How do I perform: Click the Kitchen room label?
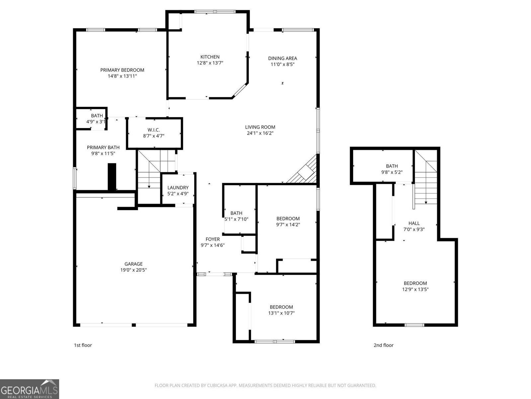click(210, 57)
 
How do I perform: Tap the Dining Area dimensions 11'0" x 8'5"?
click(282, 65)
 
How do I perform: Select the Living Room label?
click(260, 127)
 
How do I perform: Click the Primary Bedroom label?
click(122, 70)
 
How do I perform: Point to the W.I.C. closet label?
click(154, 130)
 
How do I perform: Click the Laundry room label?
click(178, 188)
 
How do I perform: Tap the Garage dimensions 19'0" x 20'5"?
click(133, 270)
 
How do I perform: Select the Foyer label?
click(213, 239)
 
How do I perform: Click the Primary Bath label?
click(103, 147)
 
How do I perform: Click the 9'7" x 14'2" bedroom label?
click(288, 221)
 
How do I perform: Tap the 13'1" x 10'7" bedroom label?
click(281, 310)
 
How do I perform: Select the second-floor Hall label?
click(414, 223)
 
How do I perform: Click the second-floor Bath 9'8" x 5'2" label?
click(392, 169)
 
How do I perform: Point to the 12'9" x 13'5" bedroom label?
click(415, 286)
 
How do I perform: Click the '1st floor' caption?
click(83, 345)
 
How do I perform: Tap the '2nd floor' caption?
click(383, 345)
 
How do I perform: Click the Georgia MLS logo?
click(29, 389)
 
